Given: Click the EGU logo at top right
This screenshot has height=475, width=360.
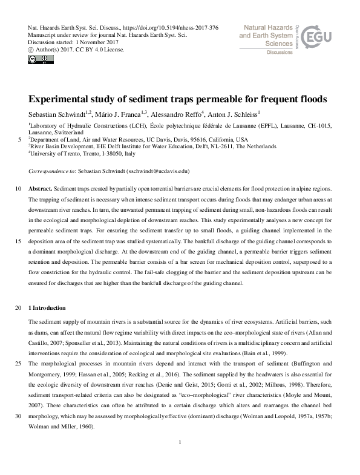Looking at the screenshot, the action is pos(318,38).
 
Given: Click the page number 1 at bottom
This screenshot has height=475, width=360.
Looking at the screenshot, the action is pos(180,459).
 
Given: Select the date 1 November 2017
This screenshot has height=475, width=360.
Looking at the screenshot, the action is pos(96,43).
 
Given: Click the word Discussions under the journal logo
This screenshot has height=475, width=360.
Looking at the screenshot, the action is pos(280,53).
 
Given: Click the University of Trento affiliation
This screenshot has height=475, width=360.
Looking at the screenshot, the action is pos(76,154).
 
